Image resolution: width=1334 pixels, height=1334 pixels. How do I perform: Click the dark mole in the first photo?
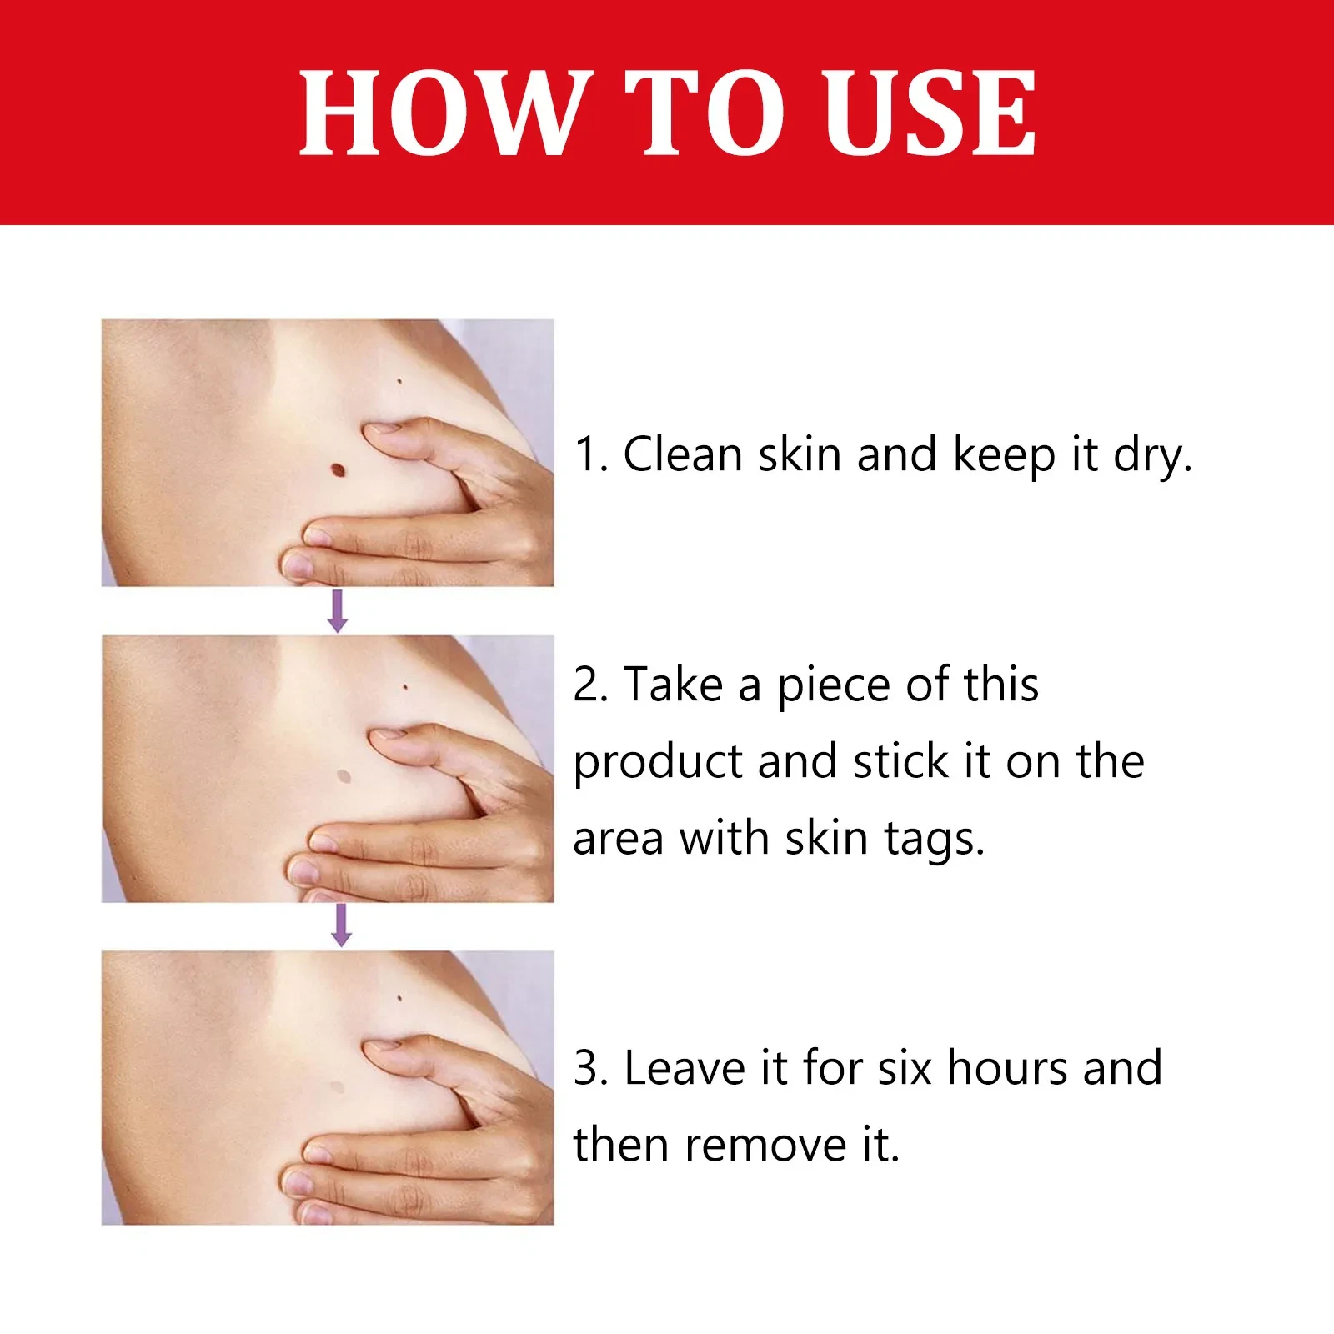[x=338, y=469]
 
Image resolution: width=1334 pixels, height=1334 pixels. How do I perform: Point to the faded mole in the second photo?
[x=343, y=776]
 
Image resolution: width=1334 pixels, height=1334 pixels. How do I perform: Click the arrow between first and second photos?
[x=338, y=610]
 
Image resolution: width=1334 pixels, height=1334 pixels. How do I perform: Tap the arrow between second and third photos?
[x=341, y=925]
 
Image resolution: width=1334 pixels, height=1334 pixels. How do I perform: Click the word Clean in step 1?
[x=682, y=454]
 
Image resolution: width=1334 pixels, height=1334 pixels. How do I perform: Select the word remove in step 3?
[x=765, y=1145]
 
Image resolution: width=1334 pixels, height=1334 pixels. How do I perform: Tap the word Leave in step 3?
[x=684, y=1068]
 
